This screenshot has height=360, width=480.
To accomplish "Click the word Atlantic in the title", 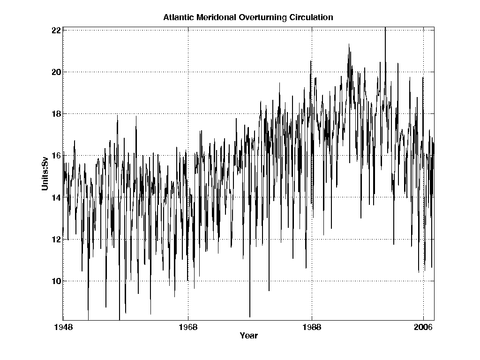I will click(177, 18).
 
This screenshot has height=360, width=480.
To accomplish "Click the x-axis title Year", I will click(248, 336).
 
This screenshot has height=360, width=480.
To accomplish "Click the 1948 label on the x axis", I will click(63, 327).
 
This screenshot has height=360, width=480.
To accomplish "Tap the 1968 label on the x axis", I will click(188, 327).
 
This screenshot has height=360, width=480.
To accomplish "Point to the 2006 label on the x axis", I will click(424, 327).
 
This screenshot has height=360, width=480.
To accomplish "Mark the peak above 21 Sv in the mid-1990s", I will click(349, 45).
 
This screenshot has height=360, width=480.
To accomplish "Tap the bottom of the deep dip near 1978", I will click(250, 316).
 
